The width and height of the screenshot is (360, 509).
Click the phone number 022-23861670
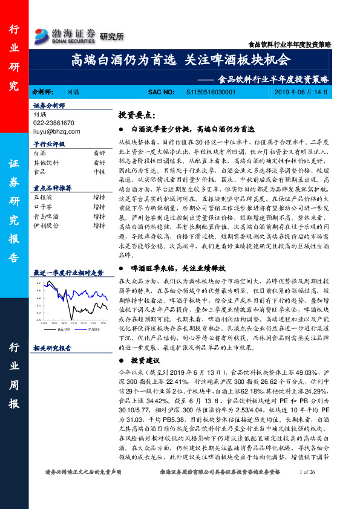click(53, 123)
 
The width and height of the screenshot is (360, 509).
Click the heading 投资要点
click(137, 115)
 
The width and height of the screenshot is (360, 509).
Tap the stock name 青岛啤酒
click(45, 216)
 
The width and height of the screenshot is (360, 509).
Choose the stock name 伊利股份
click(45, 225)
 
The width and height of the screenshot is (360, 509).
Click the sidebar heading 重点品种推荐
click(53, 188)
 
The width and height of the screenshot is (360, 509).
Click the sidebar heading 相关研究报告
click(53, 348)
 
